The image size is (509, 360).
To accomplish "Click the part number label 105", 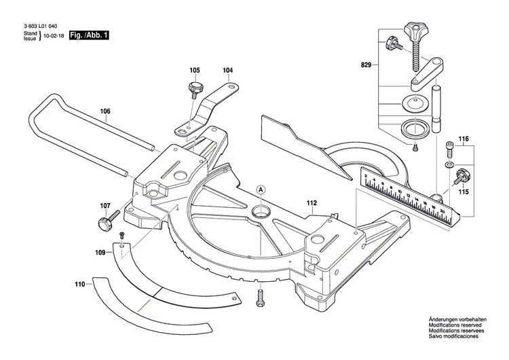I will [195, 70].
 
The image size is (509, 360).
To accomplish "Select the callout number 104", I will [227, 70].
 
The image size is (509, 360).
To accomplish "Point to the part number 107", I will [105, 206].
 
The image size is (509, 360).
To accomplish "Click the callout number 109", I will [100, 252].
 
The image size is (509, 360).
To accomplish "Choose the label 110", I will [80, 285].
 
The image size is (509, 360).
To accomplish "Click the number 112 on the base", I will [312, 202].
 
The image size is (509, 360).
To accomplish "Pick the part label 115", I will [464, 192].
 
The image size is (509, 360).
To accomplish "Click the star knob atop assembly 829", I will [412, 30].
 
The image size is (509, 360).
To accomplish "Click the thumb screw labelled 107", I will [105, 221].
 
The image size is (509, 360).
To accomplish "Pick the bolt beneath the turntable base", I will [260, 296].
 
